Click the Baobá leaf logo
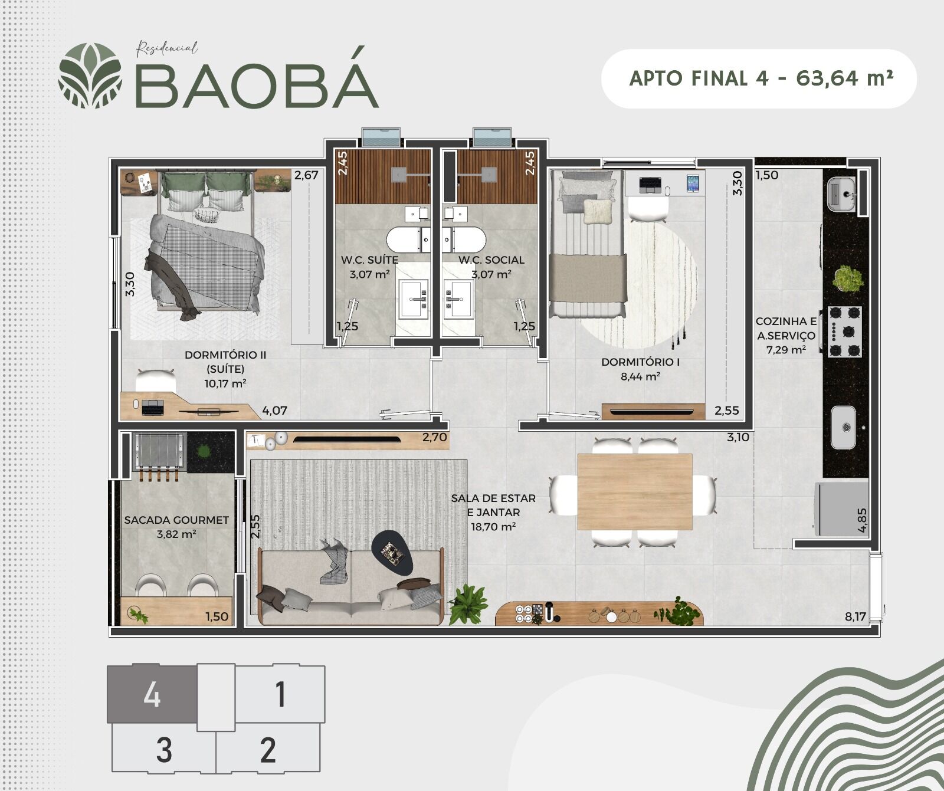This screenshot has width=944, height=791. (x=90, y=76)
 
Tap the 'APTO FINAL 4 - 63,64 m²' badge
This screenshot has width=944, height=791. (x=759, y=78)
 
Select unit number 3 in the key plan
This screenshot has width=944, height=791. (x=164, y=750)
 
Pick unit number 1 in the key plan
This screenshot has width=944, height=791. (x=280, y=694)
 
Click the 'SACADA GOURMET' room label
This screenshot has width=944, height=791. (x=176, y=520)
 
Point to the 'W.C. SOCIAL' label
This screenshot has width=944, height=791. (x=491, y=260)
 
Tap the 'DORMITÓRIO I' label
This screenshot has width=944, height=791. (x=641, y=362)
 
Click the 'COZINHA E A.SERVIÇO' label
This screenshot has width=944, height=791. (x=786, y=329)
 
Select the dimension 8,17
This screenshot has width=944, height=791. (x=855, y=617)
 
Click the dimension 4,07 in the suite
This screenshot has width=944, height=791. (x=274, y=411)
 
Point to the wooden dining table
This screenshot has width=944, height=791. (x=635, y=492)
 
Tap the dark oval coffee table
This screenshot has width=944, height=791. (x=392, y=552)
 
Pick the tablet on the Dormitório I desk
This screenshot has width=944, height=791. (x=693, y=183)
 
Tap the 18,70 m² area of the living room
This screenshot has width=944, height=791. (x=493, y=527)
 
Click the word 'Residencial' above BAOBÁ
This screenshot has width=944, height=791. (x=167, y=48)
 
